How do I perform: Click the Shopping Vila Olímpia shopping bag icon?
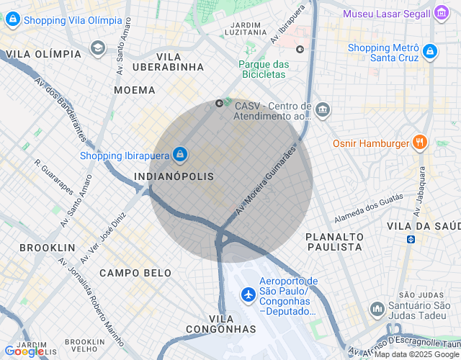coord(12,20)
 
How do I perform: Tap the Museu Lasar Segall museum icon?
coord(441,13)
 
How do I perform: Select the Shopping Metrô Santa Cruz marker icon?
coord(430,51)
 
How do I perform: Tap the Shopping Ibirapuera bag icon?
coord(180,154)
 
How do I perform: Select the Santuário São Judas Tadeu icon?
coord(377,309)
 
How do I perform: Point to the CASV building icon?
coord(322,110)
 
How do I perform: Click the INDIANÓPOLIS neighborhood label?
coord(174,176)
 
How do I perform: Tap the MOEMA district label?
coord(135,90)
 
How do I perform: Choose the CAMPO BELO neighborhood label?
coord(135,273)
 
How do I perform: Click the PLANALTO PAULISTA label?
coord(334,241)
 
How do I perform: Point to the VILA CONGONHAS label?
coord(220,324)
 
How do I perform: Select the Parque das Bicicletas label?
coord(264,69)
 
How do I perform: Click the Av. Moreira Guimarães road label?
coord(267,181)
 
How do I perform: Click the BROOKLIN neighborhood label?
coord(48,247)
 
